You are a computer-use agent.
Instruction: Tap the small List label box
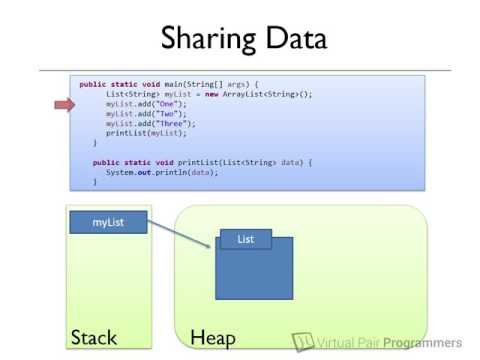click(245, 240)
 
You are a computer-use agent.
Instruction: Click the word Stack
click(94, 336)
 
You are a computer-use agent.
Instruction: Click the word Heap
click(212, 337)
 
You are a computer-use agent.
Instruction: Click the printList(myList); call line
click(139, 133)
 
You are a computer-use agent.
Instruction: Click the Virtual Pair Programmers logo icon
click(303, 341)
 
